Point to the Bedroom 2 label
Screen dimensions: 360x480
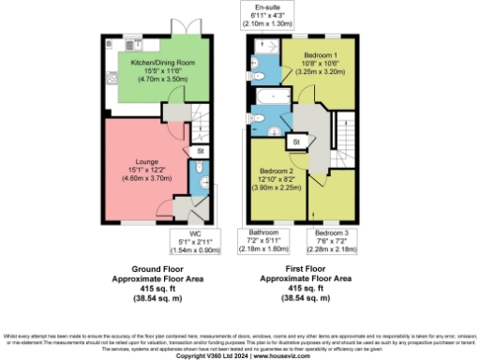coord(277,178)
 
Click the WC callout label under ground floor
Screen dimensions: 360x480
coord(196,239)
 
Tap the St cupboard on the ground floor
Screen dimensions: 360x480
coord(201,150)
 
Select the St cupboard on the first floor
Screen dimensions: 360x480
coord(294,142)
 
